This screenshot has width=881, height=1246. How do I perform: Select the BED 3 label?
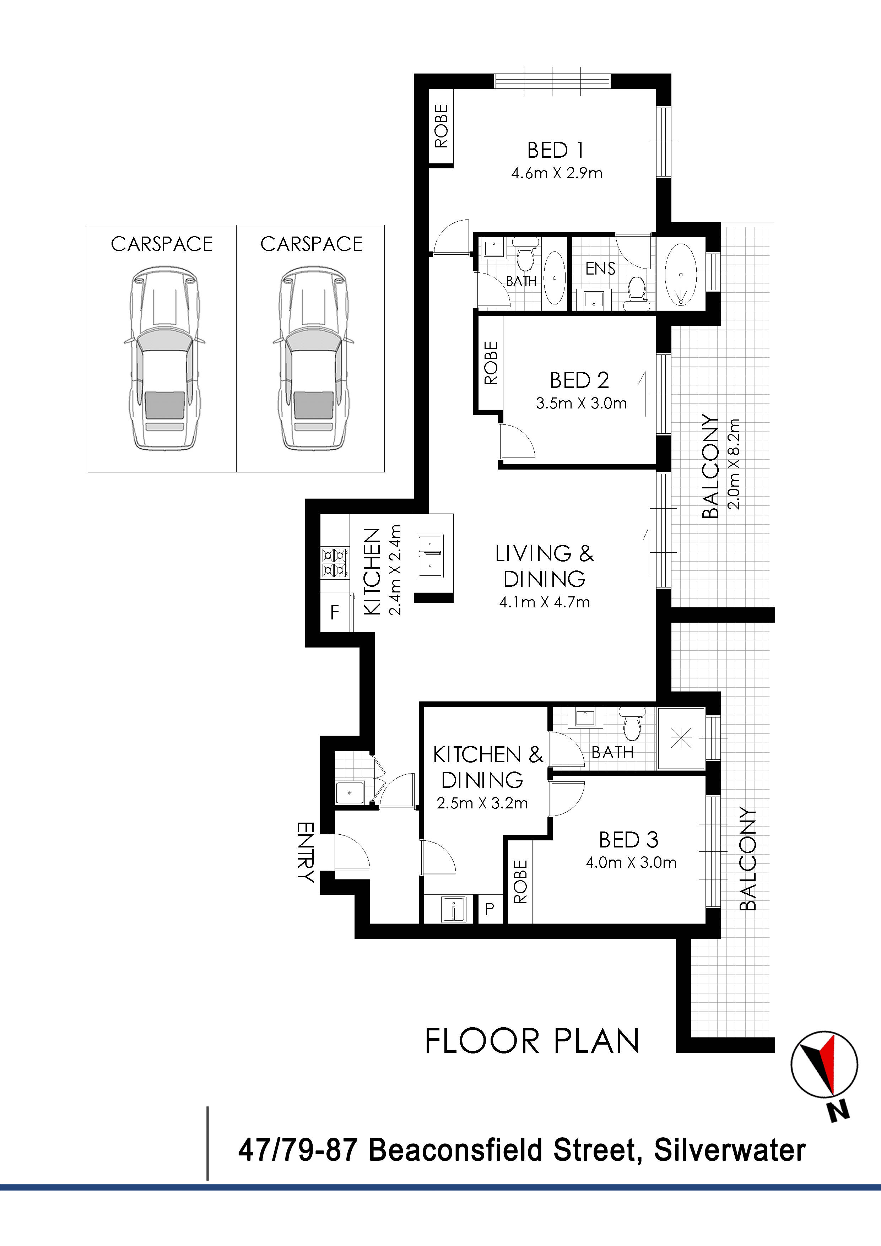[x=628, y=840]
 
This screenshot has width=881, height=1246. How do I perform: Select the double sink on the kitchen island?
[x=430, y=556]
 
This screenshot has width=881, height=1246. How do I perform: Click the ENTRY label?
[x=306, y=852]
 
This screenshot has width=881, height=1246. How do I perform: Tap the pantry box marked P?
[x=489, y=909]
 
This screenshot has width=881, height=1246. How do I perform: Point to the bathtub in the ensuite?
[x=680, y=275]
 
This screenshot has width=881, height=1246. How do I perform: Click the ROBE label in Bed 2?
[x=491, y=363]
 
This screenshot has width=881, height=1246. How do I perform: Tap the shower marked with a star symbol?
[x=681, y=738]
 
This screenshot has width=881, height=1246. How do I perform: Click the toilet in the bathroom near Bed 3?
[x=632, y=725]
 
